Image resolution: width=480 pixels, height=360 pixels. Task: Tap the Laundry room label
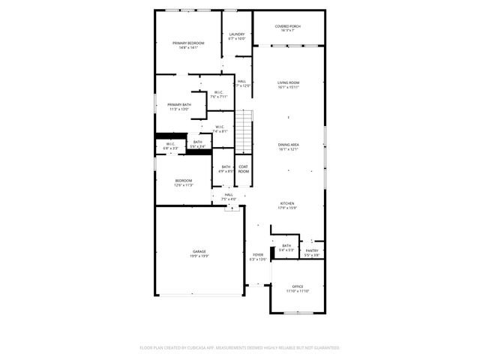(x=237, y=34)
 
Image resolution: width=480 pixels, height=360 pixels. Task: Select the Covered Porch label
(x=288, y=26)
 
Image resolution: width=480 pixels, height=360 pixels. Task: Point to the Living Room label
(x=289, y=82)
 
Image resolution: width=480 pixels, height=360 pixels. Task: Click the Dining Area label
(x=289, y=144)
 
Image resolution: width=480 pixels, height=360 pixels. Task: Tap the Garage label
(x=199, y=251)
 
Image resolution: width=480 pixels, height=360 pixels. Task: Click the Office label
(x=298, y=286)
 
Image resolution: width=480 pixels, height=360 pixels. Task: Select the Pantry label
(x=312, y=250)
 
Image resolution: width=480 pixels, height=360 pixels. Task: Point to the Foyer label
(x=258, y=255)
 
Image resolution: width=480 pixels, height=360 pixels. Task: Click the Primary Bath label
(x=178, y=104)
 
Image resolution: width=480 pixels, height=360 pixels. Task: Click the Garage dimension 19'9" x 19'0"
(x=199, y=256)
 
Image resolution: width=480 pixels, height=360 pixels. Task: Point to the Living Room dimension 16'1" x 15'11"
(x=289, y=87)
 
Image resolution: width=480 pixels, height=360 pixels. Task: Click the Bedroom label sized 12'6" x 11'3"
(x=184, y=180)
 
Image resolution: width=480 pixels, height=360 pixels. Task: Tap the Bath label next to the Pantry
(x=286, y=245)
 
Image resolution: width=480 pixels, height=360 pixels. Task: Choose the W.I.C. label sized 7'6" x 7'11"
(x=218, y=92)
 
